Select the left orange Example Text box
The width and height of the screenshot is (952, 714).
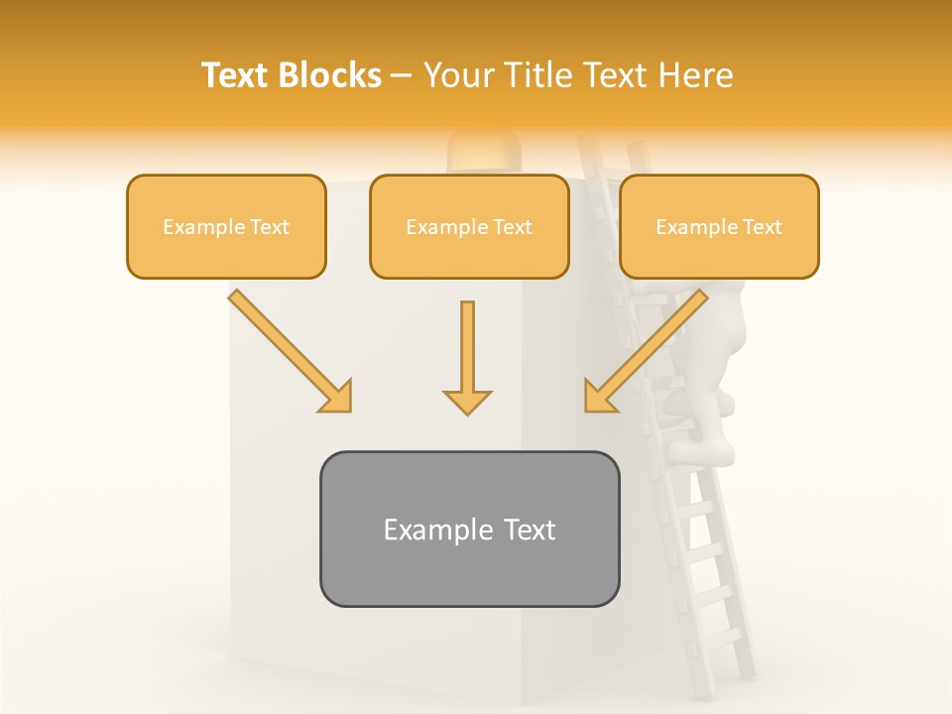click(226, 226)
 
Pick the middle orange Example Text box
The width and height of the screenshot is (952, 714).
click(469, 226)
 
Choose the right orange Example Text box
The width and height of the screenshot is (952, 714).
click(719, 226)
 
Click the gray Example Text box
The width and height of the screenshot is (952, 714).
click(469, 529)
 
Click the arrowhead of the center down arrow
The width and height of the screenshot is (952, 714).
click(467, 401)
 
